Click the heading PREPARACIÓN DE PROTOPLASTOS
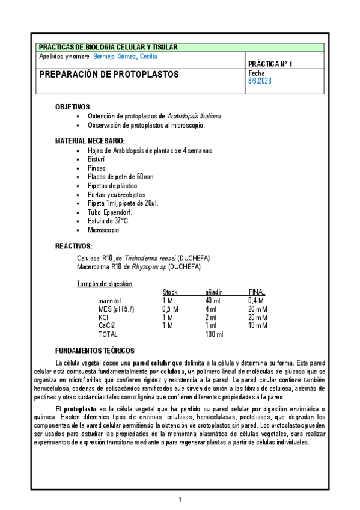point(109,75)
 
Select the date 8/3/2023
point(260,82)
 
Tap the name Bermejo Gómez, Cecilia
point(125,57)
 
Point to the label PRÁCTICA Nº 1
point(270,63)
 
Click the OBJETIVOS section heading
point(73,106)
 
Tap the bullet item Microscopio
point(103,230)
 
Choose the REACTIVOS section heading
point(74,246)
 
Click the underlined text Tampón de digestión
point(105,283)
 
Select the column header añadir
point(213,292)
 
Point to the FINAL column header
point(257,292)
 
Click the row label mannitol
point(110,300)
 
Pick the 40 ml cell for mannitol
point(212,300)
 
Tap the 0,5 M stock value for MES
point(170,309)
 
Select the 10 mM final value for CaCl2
point(258,325)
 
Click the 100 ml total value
point(213,334)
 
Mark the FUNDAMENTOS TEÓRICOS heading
point(95,351)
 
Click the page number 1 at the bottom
point(180,499)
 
